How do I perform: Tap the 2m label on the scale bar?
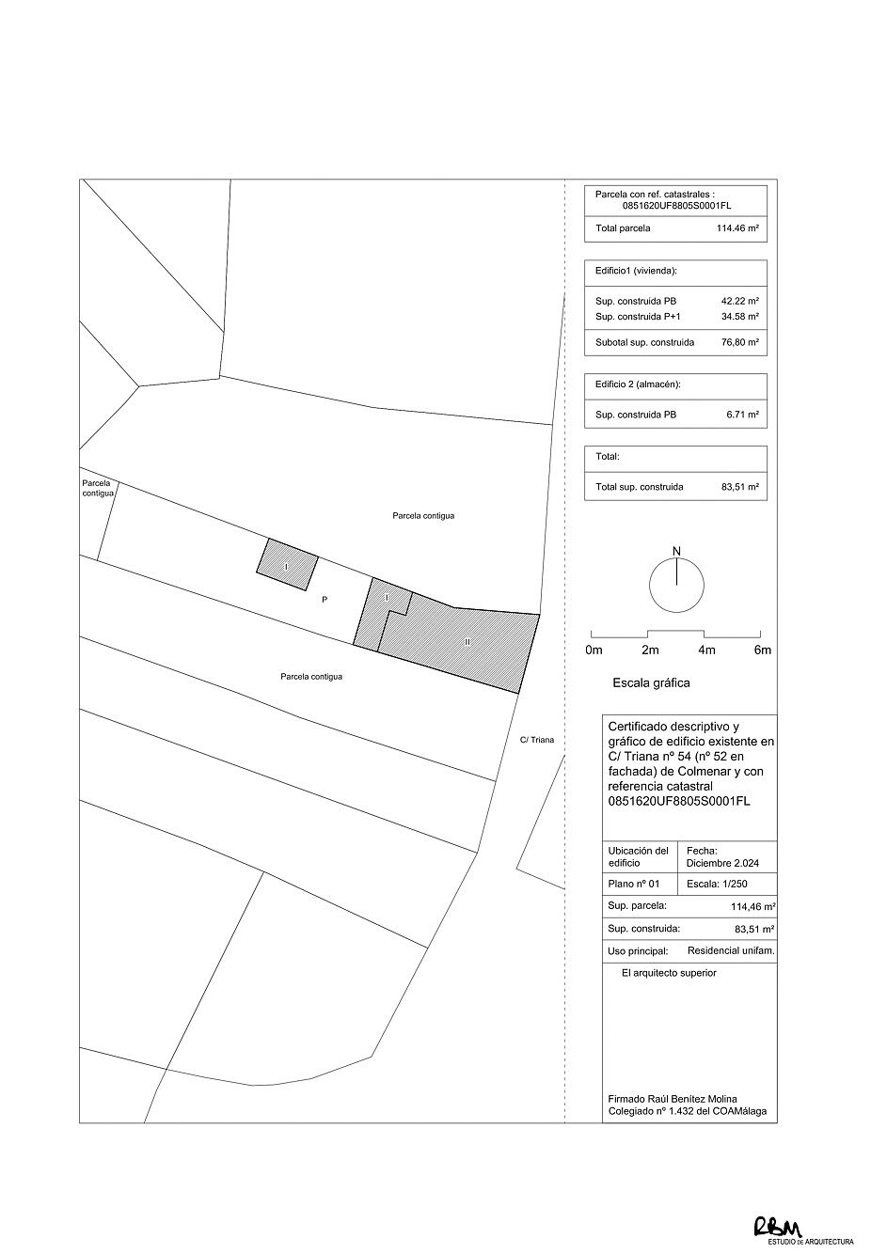tap(650, 650)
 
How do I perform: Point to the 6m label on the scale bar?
tap(763, 650)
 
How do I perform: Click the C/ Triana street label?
tap(537, 740)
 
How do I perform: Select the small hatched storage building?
tap(287, 564)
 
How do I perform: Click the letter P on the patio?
tap(325, 599)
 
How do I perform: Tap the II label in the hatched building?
tap(467, 641)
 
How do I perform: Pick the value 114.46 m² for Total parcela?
tap(737, 227)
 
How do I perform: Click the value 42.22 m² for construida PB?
tap(739, 301)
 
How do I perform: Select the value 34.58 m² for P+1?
tap(739, 317)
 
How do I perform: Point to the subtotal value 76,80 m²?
tap(739, 342)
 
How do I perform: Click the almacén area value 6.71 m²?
tap(741, 415)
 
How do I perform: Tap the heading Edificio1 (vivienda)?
tap(636, 271)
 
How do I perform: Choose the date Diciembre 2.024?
tap(723, 862)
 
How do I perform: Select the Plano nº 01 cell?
tap(634, 885)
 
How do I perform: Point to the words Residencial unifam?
tap(731, 950)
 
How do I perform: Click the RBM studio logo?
tap(777, 1227)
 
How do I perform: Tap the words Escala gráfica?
tap(651, 683)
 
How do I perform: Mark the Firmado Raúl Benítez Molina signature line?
tap(673, 1099)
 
